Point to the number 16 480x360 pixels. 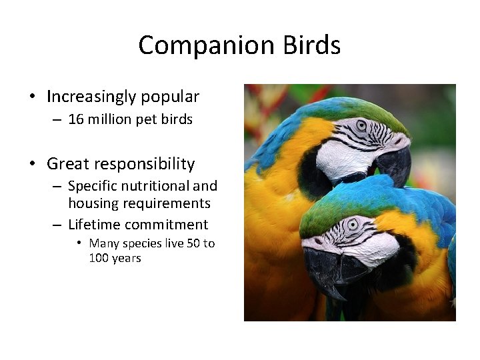77,119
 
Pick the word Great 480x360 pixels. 67,164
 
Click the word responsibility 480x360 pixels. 144,165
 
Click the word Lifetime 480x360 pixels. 94,225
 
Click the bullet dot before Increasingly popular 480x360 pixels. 33,97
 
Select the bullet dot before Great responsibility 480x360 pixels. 33,164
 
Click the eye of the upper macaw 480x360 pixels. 361,125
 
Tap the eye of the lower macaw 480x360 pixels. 352,225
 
